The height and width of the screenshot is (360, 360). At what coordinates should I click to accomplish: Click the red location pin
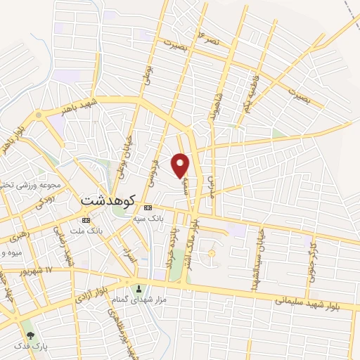[181, 165]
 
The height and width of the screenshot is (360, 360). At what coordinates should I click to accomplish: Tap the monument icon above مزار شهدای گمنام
[139, 288]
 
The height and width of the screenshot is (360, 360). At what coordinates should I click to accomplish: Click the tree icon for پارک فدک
[30, 335]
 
